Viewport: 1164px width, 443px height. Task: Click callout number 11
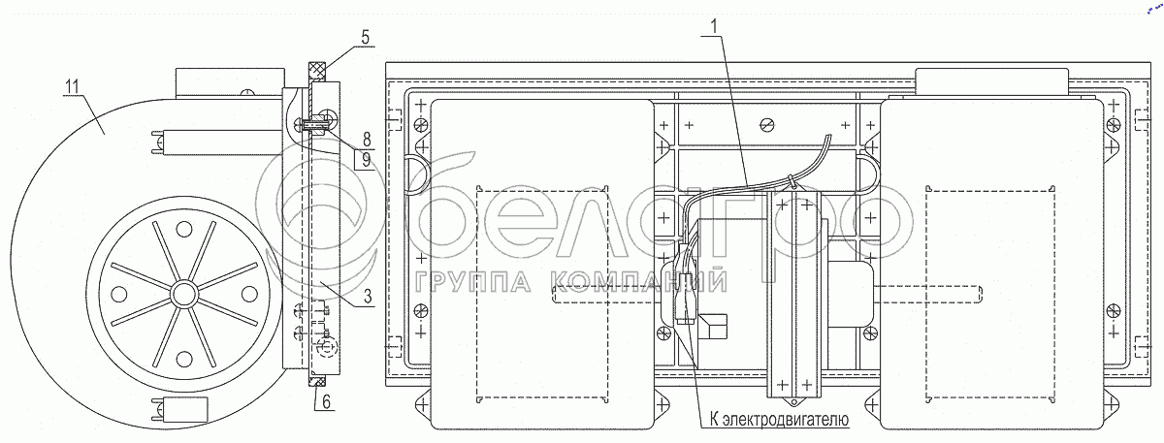click(72, 86)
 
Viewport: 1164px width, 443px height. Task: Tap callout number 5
click(366, 38)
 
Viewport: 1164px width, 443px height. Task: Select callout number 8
click(367, 140)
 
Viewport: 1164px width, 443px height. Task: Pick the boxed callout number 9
click(367, 159)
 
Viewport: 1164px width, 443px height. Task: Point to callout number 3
click(368, 297)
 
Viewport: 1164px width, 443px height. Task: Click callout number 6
click(326, 401)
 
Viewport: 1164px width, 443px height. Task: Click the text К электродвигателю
click(779, 419)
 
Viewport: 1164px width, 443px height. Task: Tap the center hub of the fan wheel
click(183, 295)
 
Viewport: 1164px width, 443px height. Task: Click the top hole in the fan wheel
click(183, 229)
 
